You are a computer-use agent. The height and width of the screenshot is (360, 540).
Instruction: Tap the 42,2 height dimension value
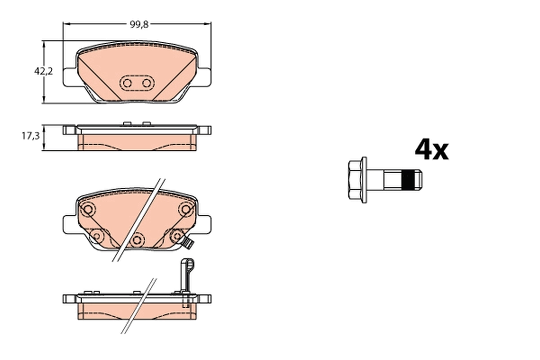[x=44, y=71]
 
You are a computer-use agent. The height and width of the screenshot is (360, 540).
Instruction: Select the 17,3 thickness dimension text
[x=31, y=136]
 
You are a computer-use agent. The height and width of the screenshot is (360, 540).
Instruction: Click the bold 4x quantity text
[x=431, y=150]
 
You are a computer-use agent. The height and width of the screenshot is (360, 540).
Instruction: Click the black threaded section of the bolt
[x=408, y=180]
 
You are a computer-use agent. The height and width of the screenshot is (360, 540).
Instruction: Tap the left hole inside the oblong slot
[x=127, y=83]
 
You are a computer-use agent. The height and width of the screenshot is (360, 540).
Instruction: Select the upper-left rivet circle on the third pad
[x=88, y=209]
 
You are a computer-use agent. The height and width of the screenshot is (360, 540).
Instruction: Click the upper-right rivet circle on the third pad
[x=185, y=209]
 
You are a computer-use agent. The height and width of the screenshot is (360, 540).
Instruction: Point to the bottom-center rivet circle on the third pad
[x=137, y=239]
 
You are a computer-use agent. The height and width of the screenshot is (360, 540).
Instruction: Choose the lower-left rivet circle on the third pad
[x=96, y=235]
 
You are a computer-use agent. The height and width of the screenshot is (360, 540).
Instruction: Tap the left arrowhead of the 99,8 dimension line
[x=65, y=24]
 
